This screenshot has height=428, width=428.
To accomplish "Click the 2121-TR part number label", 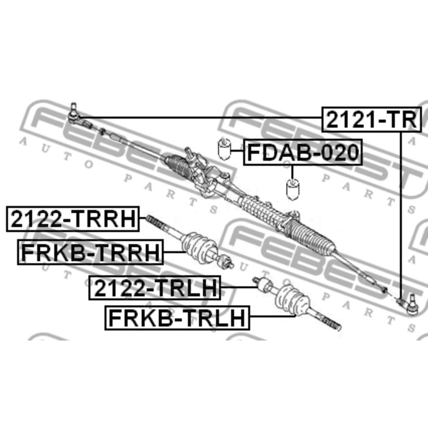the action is point(372,120).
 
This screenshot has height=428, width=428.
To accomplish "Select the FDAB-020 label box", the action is point(303,152).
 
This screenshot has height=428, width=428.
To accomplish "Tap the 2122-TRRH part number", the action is point(73,219).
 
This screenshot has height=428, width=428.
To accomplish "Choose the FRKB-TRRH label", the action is point(90,252).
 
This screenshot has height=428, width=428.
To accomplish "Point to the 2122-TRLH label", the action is point(155,288).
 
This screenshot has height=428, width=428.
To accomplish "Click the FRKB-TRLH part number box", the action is point(177,318).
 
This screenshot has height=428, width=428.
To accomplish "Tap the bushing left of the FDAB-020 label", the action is point(224,149).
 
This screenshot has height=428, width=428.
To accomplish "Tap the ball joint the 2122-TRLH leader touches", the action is point(262,284).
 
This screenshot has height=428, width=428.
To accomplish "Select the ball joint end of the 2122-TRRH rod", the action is point(226,261).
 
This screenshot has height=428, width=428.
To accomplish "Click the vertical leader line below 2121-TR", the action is point(401,215).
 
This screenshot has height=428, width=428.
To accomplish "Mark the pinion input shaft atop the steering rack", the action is point(190,153).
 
